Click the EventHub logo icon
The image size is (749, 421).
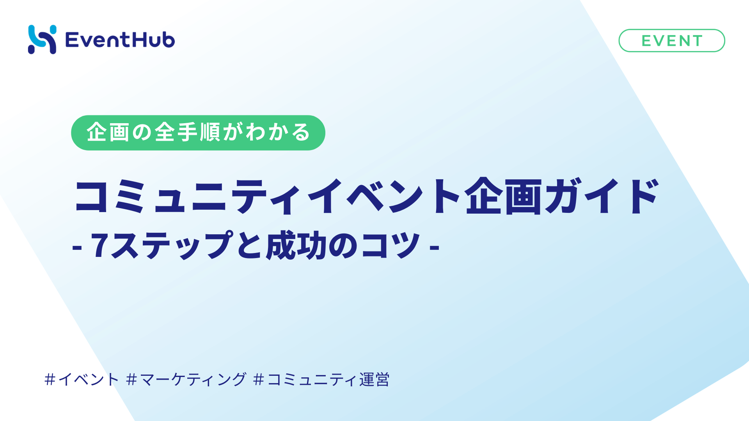pos(42,39)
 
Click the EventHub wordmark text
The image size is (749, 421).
pos(120,40)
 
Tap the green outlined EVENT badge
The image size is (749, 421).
pos(671,41)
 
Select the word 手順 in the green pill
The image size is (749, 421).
pos(199,132)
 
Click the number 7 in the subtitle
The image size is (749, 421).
pos(99,246)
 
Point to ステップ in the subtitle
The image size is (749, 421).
pos(172,246)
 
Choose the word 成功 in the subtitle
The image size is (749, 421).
pos(296,246)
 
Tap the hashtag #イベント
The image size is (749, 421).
pos(82,379)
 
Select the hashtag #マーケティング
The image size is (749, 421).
pos(186,379)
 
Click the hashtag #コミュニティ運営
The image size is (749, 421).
pos(321,379)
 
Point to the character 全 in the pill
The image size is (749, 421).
pos(165,132)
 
